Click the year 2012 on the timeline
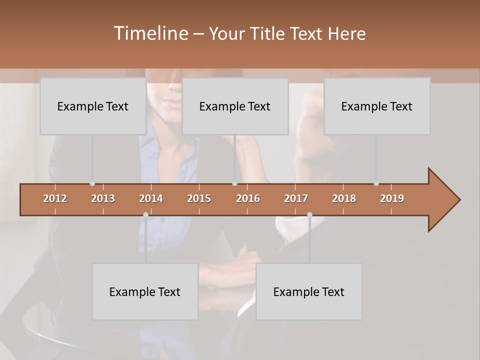click(55, 198)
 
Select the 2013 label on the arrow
click(103, 198)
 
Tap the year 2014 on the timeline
click(151, 198)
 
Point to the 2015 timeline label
click(199, 198)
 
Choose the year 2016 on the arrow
click(248, 198)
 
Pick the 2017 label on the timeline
click(296, 198)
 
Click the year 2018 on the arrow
click(344, 198)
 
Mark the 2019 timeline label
click(392, 198)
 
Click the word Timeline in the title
click(150, 33)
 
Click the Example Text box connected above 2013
click(93, 106)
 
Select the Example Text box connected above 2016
click(235, 106)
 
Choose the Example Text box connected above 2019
click(377, 106)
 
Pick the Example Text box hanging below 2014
click(145, 291)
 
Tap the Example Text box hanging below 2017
click(309, 291)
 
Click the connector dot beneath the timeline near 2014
click(145, 214)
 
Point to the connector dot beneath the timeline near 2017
click(309, 214)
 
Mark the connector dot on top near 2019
click(376, 183)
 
